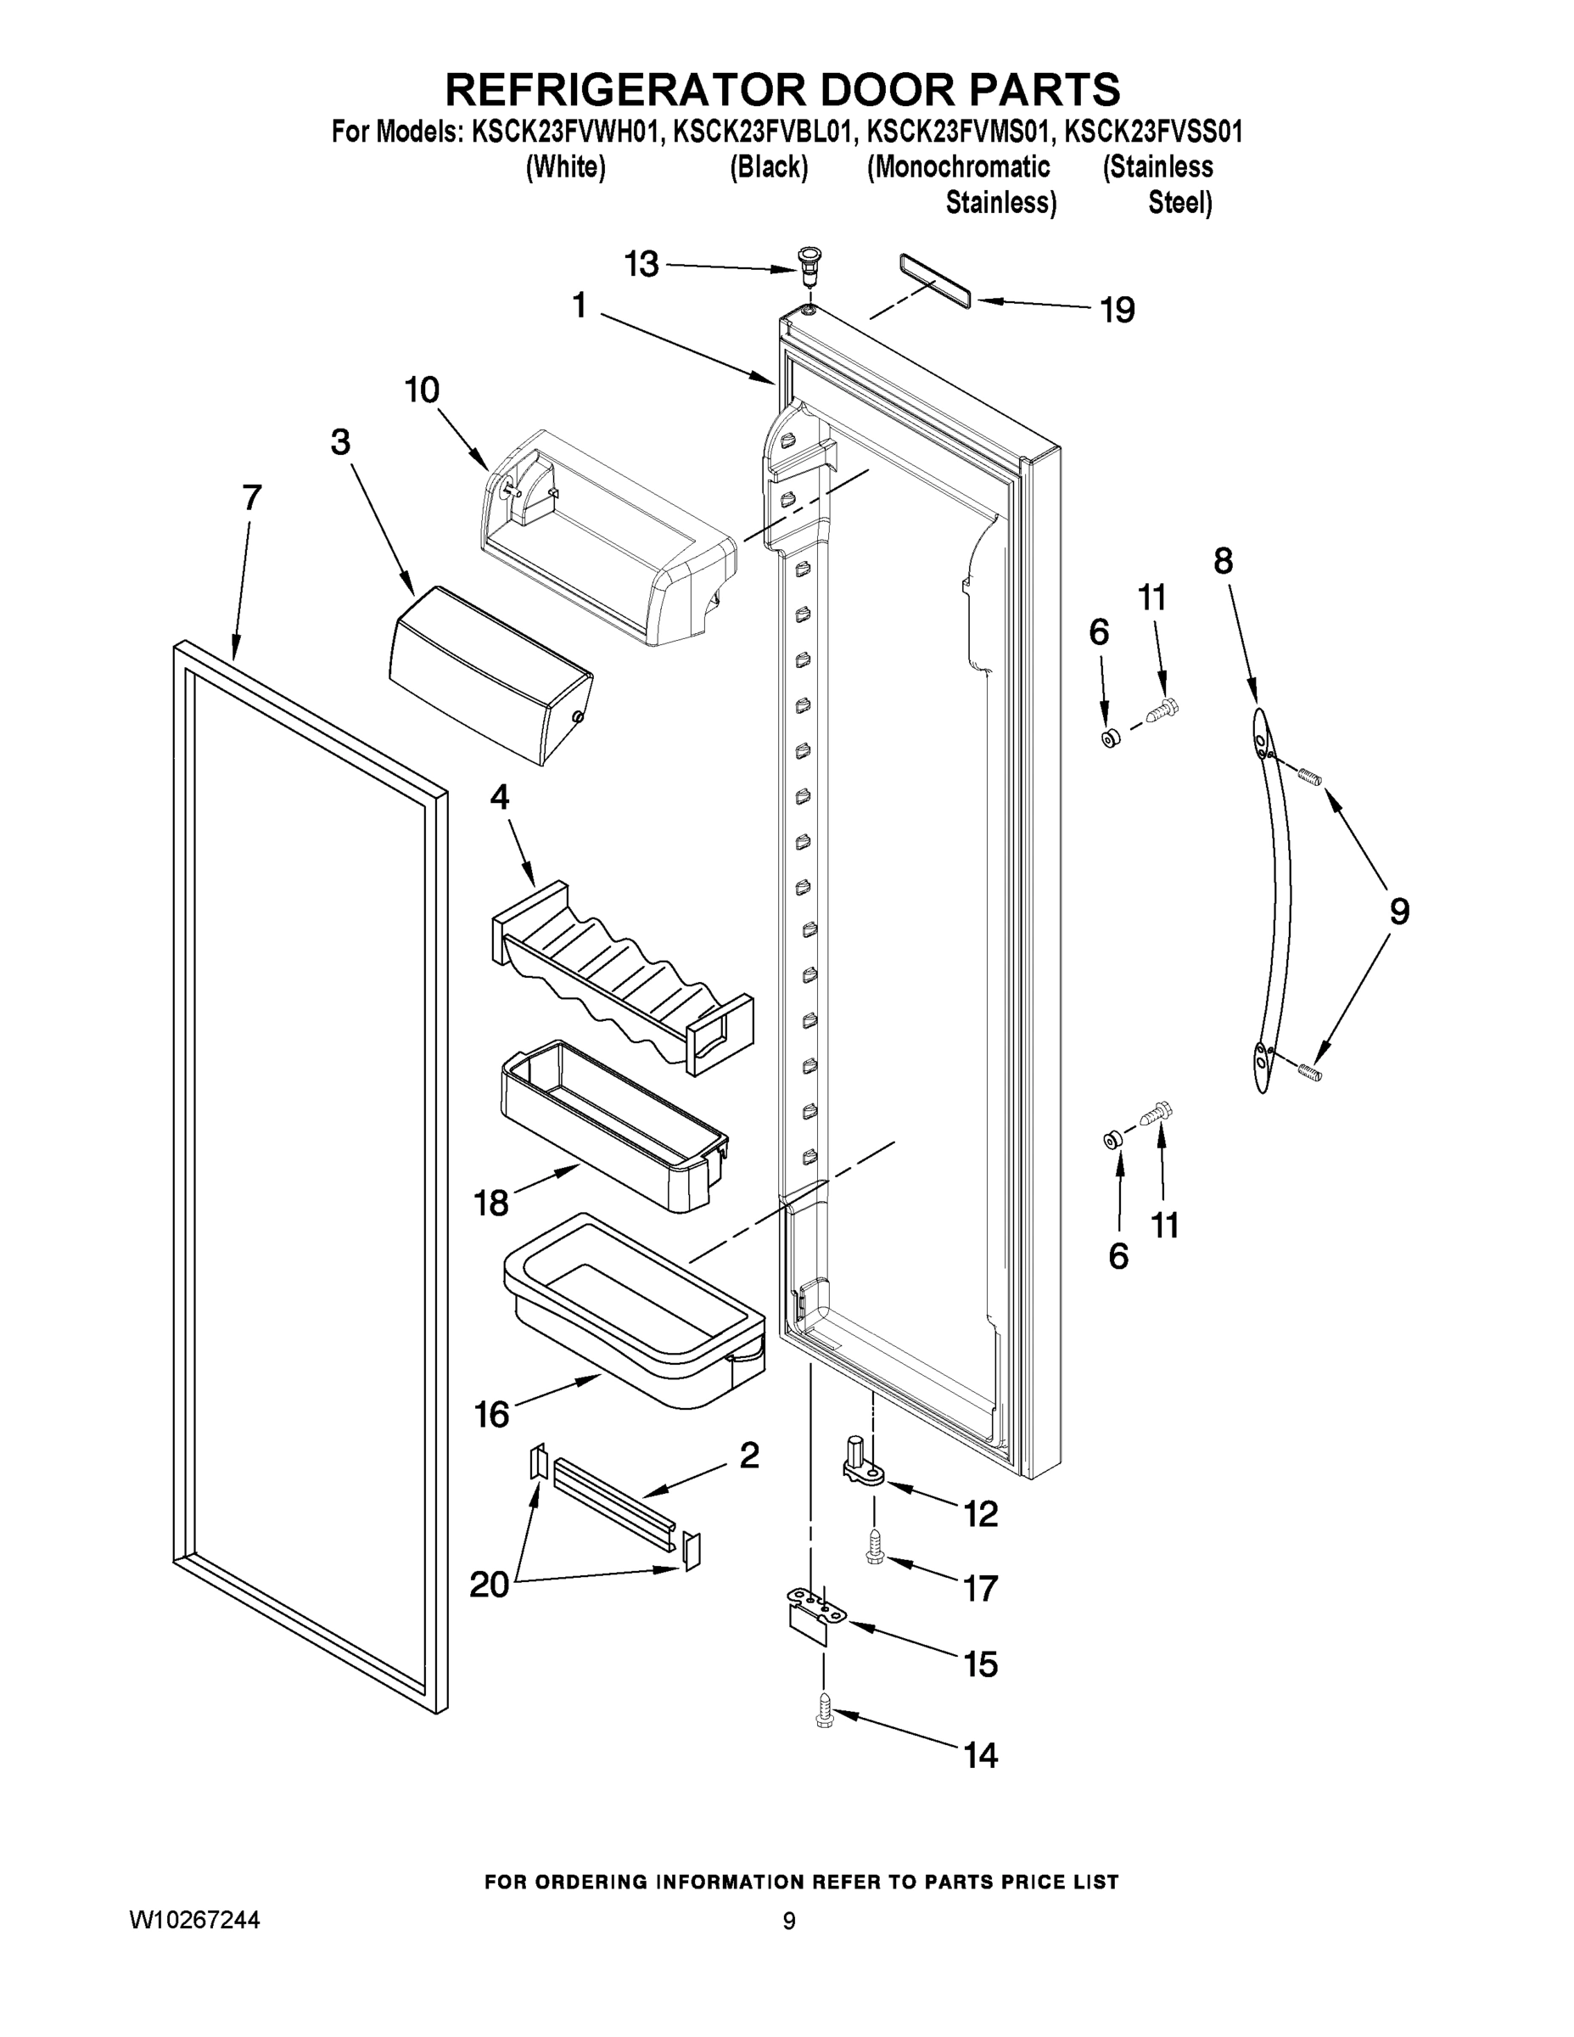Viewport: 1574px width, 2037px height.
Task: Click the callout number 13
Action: [641, 265]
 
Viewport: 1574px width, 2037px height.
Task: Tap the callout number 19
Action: [1117, 310]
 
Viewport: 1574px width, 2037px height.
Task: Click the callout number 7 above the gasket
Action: [252, 497]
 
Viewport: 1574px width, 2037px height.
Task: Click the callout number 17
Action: [980, 1587]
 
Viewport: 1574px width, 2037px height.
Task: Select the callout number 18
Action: [491, 1204]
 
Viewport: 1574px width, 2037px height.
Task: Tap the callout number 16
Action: [491, 1415]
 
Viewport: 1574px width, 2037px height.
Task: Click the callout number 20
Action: [490, 1585]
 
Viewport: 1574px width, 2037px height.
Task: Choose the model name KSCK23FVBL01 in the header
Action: [762, 132]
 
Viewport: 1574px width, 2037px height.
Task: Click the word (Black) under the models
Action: [769, 168]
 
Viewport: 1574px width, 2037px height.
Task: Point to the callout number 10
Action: [422, 390]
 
